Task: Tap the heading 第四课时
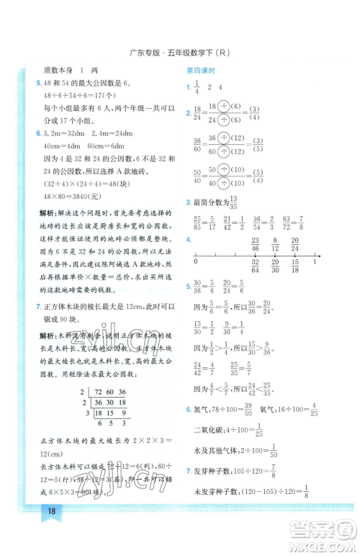coord(200,71)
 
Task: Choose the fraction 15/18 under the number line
coord(295,266)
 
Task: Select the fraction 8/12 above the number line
coord(274,243)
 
